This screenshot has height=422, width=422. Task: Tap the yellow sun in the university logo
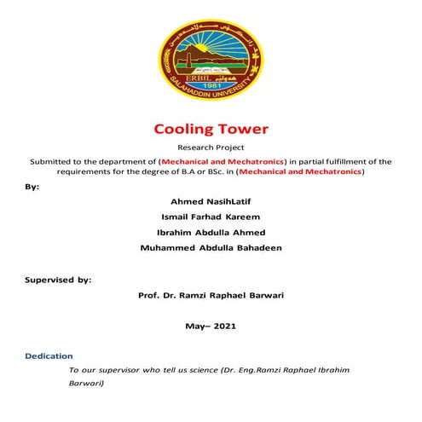tap(211, 43)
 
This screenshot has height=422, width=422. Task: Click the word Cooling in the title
tap(183, 130)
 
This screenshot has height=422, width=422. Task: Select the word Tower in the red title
tap(242, 130)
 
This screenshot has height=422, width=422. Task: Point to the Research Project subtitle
tap(211, 147)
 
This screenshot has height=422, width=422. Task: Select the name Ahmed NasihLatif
tap(211, 201)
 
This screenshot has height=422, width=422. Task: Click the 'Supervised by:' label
tap(57, 279)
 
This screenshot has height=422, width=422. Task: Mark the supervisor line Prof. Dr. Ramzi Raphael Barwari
tap(211, 294)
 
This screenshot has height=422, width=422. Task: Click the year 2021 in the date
tap(225, 326)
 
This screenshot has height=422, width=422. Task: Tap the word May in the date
tap(195, 326)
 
